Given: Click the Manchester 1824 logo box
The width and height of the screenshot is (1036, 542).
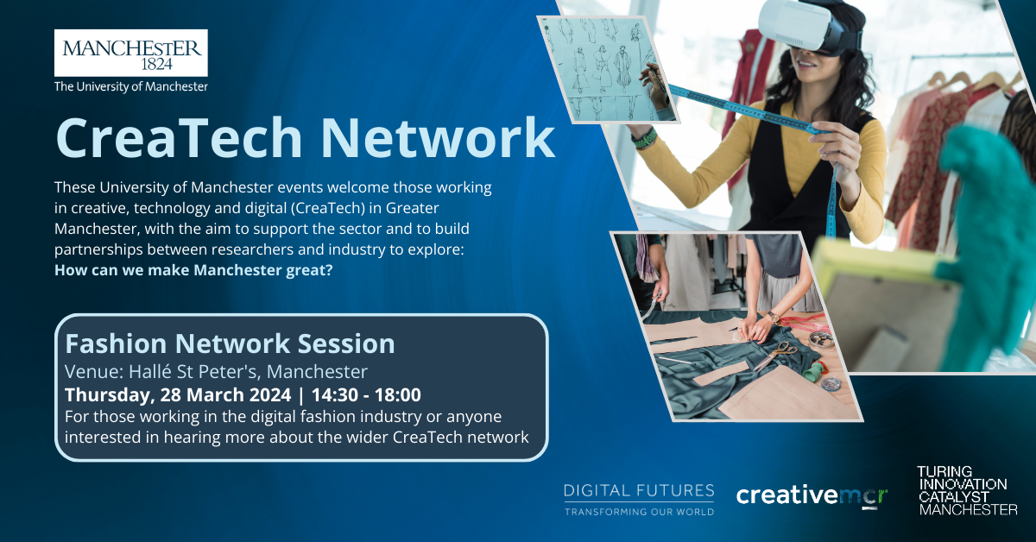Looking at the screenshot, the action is tap(131, 53).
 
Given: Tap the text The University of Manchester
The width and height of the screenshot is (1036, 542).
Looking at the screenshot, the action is tap(131, 86).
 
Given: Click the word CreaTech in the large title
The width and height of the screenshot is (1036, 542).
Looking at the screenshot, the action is tap(179, 138).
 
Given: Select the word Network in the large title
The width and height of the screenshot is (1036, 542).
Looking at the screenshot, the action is tap(438, 138).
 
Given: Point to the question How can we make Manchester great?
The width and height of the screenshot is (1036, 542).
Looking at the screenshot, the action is tap(193, 270).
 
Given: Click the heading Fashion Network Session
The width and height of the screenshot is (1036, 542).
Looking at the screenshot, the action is tap(230, 343).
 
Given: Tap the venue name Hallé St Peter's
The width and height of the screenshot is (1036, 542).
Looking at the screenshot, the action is tap(193, 371).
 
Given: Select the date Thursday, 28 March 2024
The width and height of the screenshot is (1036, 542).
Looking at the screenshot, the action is tap(178, 395).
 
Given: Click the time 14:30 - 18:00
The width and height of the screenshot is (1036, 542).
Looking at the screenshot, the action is tap(366, 395).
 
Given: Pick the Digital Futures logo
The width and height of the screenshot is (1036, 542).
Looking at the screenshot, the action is tap(639, 500).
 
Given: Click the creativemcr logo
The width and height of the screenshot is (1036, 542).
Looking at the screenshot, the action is tap(812, 495).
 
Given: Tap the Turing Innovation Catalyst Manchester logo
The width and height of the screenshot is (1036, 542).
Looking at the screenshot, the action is tap(967, 491).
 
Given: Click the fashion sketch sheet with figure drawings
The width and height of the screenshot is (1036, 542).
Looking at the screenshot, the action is tap(606, 69).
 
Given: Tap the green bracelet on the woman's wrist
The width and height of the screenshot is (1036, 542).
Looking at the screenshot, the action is tap(645, 138).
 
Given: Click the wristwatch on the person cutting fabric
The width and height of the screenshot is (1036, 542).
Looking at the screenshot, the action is tap(773, 318).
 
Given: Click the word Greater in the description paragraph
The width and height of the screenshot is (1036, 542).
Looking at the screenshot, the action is tap(412, 208).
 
